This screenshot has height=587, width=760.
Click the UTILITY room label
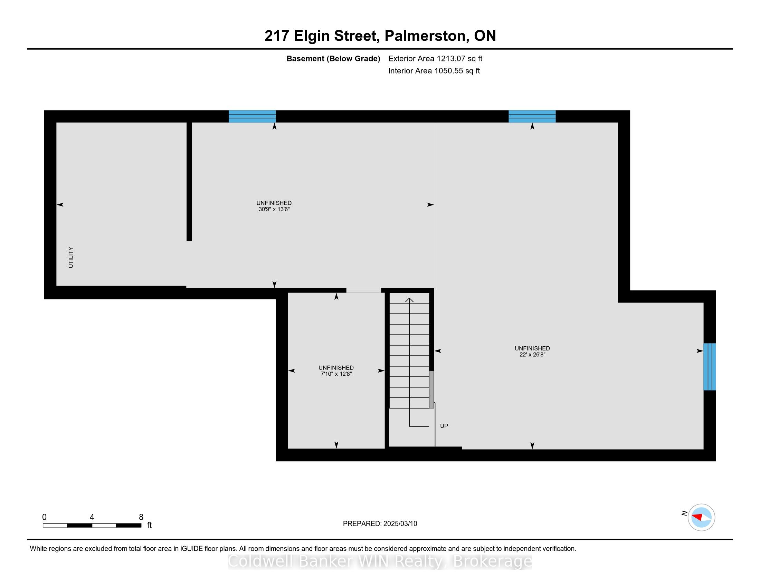[x=71, y=257]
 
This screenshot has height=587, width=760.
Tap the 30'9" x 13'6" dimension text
[x=274, y=209]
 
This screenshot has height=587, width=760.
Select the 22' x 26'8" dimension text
[x=532, y=355]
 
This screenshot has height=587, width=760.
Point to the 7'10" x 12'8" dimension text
[x=336, y=374]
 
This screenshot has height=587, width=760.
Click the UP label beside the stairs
[x=444, y=426]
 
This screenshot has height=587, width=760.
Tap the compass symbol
[x=701, y=517]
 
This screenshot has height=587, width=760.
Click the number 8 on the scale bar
[x=141, y=517]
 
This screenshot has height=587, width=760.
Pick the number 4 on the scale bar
[x=92, y=517]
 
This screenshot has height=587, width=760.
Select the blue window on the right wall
[x=710, y=366]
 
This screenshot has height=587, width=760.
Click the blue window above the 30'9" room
[x=252, y=116]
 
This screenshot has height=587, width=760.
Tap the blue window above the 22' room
[x=532, y=116]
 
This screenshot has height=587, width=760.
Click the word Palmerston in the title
[x=425, y=36]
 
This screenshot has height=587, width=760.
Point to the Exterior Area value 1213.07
[x=451, y=59]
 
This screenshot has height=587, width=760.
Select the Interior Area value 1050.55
[x=448, y=71]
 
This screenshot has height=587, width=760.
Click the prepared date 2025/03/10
[x=400, y=524]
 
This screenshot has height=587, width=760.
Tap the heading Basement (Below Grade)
[x=333, y=59]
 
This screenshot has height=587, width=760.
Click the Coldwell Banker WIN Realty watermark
[x=380, y=561]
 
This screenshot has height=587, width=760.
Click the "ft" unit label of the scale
[x=149, y=525]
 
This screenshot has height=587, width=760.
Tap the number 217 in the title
[x=277, y=36]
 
